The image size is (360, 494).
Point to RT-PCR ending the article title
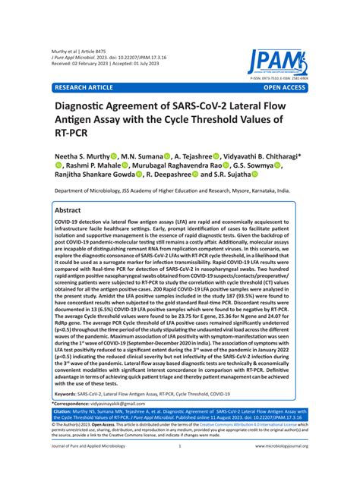click(72, 137)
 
